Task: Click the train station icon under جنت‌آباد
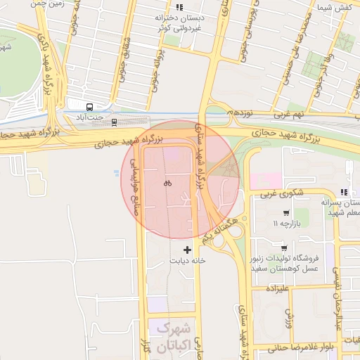point(114,122)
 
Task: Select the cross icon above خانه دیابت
point(187,249)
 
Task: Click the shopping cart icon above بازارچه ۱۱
point(285,213)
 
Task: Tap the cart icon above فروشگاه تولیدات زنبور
point(283,247)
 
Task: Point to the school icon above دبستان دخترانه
point(180,7)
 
